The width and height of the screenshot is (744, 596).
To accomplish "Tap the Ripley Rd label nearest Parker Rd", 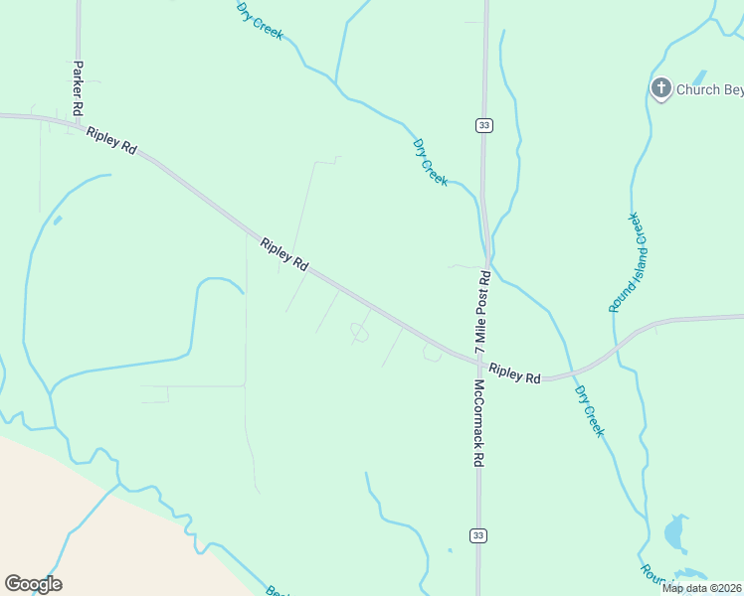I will (x=111, y=141).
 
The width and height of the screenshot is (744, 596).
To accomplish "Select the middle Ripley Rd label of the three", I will (x=284, y=255).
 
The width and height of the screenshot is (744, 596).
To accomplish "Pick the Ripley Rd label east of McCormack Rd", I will (x=515, y=373).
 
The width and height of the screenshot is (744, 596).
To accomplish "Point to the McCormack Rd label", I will (x=478, y=423).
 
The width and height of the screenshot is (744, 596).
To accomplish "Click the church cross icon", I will (x=660, y=88).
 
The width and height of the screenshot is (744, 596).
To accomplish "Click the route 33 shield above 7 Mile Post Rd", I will (x=483, y=125).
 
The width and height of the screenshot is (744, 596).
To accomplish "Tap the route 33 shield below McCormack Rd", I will (x=478, y=535).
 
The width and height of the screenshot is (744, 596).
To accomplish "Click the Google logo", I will (x=33, y=584).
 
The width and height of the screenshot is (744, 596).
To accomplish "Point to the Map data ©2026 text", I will (x=702, y=588).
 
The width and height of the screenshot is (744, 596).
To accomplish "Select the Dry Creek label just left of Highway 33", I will (x=431, y=162).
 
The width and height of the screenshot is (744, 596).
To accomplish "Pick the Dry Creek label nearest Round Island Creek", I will (x=589, y=407).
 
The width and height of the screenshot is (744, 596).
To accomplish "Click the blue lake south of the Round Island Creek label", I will (x=675, y=534).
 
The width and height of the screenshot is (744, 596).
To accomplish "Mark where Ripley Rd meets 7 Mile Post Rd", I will (x=480, y=361).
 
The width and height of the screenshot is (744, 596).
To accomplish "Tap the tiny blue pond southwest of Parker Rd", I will (x=57, y=220).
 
